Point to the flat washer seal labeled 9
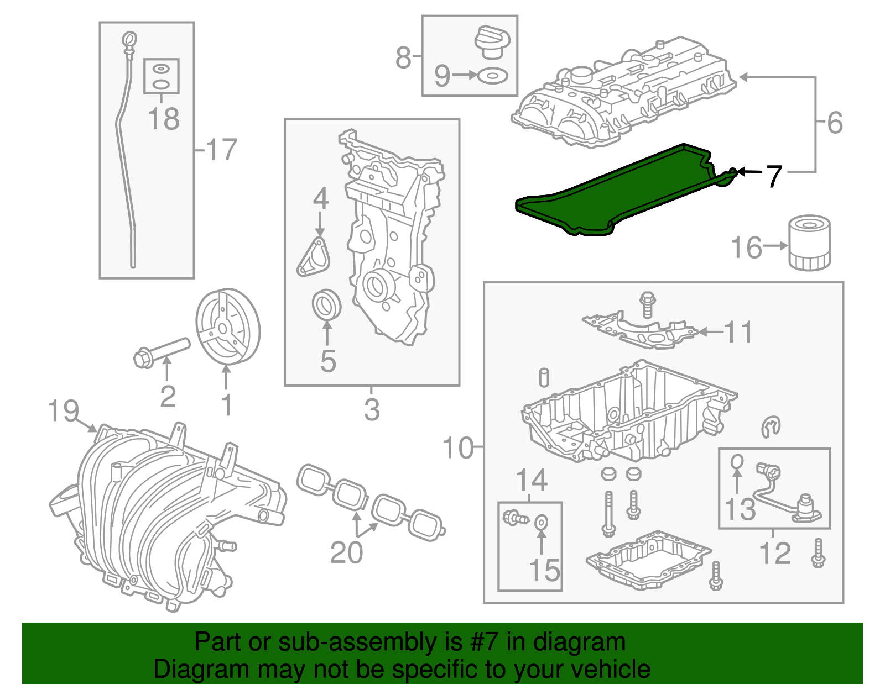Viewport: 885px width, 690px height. click(492, 76)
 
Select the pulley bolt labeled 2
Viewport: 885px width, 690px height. click(162, 352)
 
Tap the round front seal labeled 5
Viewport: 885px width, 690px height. click(326, 304)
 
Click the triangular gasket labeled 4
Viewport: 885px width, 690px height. click(314, 257)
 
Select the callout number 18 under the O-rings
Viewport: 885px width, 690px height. click(164, 119)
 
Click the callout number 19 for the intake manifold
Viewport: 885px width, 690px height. click(63, 411)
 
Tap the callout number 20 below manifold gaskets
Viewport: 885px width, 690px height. click(346, 552)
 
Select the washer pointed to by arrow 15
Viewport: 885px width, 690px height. click(542, 520)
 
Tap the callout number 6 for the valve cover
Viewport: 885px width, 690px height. click(835, 123)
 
